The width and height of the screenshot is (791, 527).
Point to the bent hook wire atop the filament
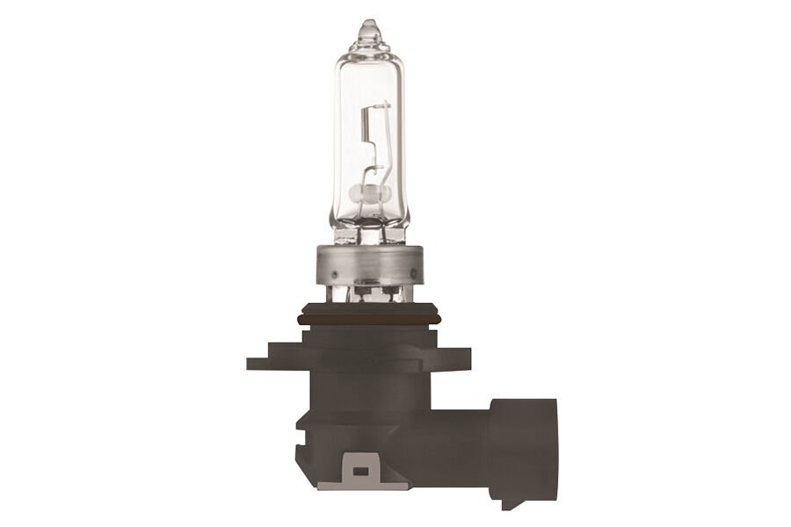380,107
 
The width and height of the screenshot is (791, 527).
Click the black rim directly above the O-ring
369,305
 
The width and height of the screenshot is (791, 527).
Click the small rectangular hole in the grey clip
359,471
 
